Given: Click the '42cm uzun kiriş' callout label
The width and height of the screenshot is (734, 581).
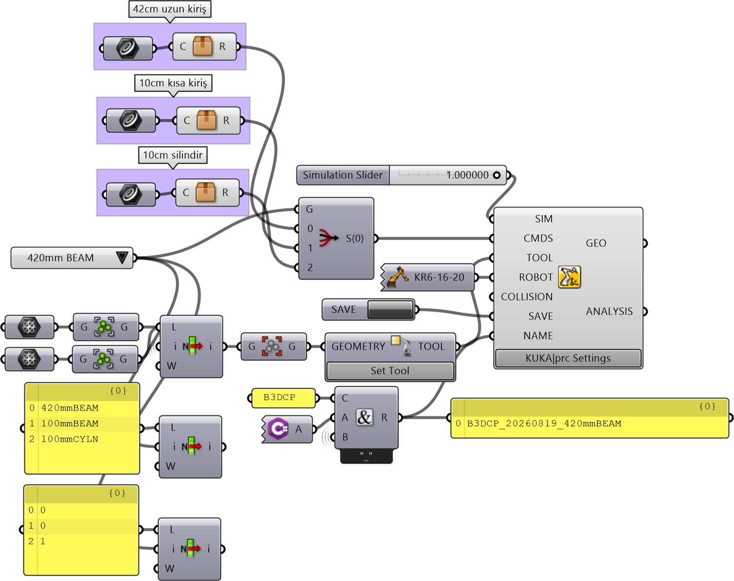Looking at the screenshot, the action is pyautogui.click(x=170, y=9).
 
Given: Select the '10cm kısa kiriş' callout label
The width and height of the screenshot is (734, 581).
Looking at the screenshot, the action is pyautogui.click(x=173, y=83).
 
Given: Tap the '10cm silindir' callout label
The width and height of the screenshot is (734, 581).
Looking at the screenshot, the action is pyautogui.click(x=173, y=155).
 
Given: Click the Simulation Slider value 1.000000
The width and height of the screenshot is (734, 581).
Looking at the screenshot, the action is pyautogui.click(x=467, y=175).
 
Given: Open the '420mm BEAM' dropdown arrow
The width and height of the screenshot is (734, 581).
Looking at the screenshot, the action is pyautogui.click(x=122, y=258).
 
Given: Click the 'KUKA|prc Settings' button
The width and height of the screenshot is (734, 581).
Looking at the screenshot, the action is pyautogui.click(x=568, y=358).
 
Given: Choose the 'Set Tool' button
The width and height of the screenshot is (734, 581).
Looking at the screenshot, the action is pyautogui.click(x=390, y=371).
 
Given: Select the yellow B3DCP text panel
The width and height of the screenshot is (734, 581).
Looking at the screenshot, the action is pyautogui.click(x=283, y=398).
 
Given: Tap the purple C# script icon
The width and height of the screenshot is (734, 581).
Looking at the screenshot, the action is pyautogui.click(x=278, y=429).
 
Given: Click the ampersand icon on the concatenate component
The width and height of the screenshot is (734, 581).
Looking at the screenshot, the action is pyautogui.click(x=364, y=417).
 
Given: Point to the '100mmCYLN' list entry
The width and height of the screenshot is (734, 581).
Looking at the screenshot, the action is pyautogui.click(x=70, y=439).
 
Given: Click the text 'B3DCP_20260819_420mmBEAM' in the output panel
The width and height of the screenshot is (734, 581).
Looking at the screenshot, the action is pyautogui.click(x=544, y=424).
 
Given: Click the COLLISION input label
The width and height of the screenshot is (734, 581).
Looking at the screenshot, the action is pyautogui.click(x=527, y=297).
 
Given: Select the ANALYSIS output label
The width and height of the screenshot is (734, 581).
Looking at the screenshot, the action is pyautogui.click(x=609, y=311).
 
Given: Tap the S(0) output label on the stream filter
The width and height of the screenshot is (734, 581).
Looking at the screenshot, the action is pyautogui.click(x=355, y=239).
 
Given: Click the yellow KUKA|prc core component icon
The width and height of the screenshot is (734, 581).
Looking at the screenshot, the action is pyautogui.click(x=570, y=277).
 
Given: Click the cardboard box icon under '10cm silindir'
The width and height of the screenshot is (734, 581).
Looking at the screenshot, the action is pyautogui.click(x=206, y=192).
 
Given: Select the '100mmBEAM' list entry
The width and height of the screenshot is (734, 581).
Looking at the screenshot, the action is pyautogui.click(x=70, y=424).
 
